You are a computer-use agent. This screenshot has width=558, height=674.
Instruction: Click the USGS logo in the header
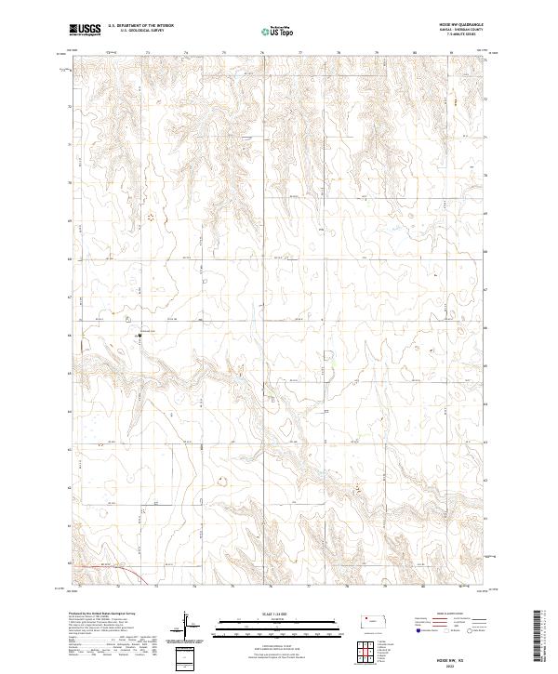(x=86, y=30)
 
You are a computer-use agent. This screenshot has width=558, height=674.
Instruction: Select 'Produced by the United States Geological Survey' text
(x=99, y=615)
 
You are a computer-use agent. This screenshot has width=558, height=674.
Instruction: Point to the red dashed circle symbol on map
(x=150, y=218)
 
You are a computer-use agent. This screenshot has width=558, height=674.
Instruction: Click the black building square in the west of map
(x=139, y=334)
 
